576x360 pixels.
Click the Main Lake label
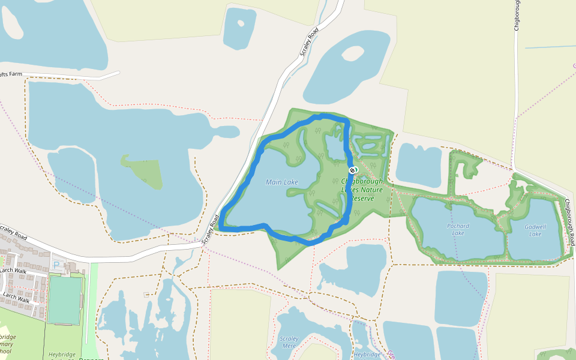coord(282,182)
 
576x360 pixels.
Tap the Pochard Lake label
coord(458,230)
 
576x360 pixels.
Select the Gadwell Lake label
coord(535,230)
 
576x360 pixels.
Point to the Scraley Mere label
coord(289,342)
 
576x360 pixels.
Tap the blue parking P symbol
coord(56,265)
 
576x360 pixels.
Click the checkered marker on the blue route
coord(353,171)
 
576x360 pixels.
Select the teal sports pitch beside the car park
coord(64,299)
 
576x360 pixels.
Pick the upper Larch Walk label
coord(14,271)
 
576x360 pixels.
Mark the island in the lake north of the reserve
coord(352,53)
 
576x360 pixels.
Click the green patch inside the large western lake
coord(143,172)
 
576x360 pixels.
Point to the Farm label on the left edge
coord(12,74)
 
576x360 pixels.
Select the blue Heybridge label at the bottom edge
coord(367,355)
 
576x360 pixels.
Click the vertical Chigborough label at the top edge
coord(516,15)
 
